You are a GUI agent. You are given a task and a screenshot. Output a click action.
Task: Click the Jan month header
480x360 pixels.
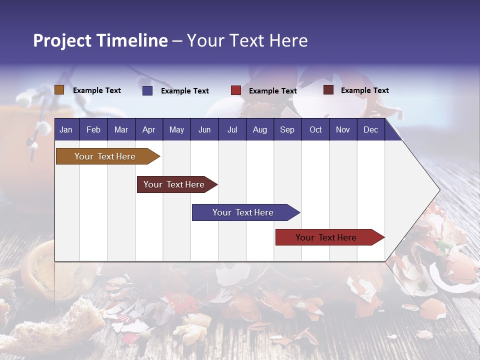(x=66, y=129)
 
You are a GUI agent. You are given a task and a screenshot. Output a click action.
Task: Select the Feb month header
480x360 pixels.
(x=93, y=129)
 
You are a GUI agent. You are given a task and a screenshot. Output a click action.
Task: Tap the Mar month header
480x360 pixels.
(x=121, y=129)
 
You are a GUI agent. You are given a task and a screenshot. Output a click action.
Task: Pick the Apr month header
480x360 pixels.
(x=148, y=129)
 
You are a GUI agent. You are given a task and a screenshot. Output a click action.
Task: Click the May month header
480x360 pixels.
(x=176, y=129)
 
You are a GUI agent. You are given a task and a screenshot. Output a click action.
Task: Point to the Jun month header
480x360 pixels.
(x=204, y=129)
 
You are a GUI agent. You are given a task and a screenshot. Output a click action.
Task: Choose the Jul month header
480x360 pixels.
(x=232, y=129)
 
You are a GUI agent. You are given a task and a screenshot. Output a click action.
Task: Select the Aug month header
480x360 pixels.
(x=259, y=129)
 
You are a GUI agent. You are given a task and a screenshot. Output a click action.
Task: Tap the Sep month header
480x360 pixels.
(x=287, y=129)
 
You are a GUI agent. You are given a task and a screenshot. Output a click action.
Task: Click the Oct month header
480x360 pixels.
(x=315, y=129)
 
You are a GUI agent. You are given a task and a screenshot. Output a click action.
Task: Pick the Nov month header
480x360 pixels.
(x=342, y=129)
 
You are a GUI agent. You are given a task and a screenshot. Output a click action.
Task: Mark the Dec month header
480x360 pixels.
(x=370, y=129)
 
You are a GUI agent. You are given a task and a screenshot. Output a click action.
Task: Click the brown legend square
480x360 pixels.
(x=59, y=90)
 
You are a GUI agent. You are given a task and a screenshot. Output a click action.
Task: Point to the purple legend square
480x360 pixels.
(x=147, y=90)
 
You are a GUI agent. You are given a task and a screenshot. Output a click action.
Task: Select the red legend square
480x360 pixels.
(x=236, y=90)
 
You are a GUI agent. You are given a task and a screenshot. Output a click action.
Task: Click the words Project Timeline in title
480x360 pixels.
(x=100, y=40)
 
